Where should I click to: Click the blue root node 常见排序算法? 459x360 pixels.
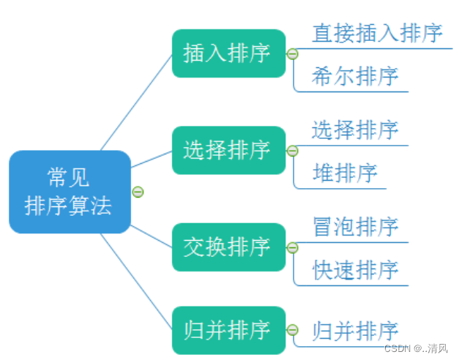(x=70, y=192)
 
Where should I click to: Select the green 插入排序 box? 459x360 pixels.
(x=228, y=53)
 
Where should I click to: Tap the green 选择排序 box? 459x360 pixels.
(x=228, y=150)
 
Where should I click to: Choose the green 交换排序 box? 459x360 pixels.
(x=228, y=247)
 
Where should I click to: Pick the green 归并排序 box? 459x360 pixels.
(x=228, y=330)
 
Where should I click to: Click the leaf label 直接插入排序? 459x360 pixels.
(x=377, y=33)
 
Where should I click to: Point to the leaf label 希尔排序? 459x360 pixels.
(x=354, y=76)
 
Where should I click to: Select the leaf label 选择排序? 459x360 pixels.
(x=354, y=130)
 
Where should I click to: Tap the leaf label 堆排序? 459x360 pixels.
(x=344, y=173)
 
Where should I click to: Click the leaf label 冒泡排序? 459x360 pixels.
(x=354, y=226)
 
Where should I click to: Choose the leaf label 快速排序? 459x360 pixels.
(x=354, y=269)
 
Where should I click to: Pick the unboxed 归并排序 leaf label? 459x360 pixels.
(x=354, y=331)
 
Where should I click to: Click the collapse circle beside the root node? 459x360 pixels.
(x=138, y=192)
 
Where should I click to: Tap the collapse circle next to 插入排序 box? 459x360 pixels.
(x=292, y=54)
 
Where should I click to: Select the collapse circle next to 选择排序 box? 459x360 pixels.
(x=292, y=151)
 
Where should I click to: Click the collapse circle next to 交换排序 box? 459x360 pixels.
(x=292, y=248)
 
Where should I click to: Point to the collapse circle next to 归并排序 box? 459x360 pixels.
(x=292, y=331)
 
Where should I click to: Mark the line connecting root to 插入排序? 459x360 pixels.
(x=136, y=102)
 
